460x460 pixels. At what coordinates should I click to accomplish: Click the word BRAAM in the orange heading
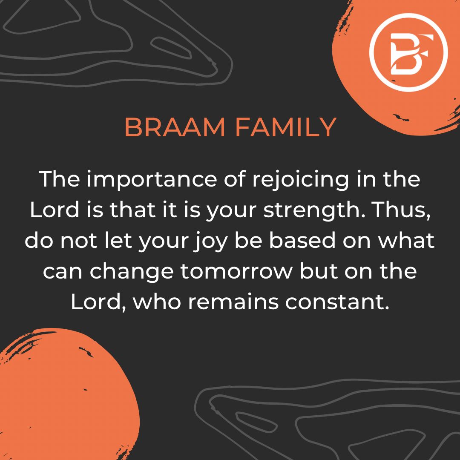point(175,127)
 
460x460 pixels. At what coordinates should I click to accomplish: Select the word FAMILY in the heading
point(286,127)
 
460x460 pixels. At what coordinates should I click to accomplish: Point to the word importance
point(152,180)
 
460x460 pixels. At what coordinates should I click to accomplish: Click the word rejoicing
point(301,180)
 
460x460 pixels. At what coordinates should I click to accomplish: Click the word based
point(302,241)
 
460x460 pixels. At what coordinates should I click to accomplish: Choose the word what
point(406,241)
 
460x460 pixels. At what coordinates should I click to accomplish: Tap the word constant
point(337,302)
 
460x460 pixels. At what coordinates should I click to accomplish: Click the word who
point(157,302)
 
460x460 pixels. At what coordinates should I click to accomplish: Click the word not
point(79,241)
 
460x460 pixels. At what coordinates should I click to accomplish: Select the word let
point(118,241)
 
